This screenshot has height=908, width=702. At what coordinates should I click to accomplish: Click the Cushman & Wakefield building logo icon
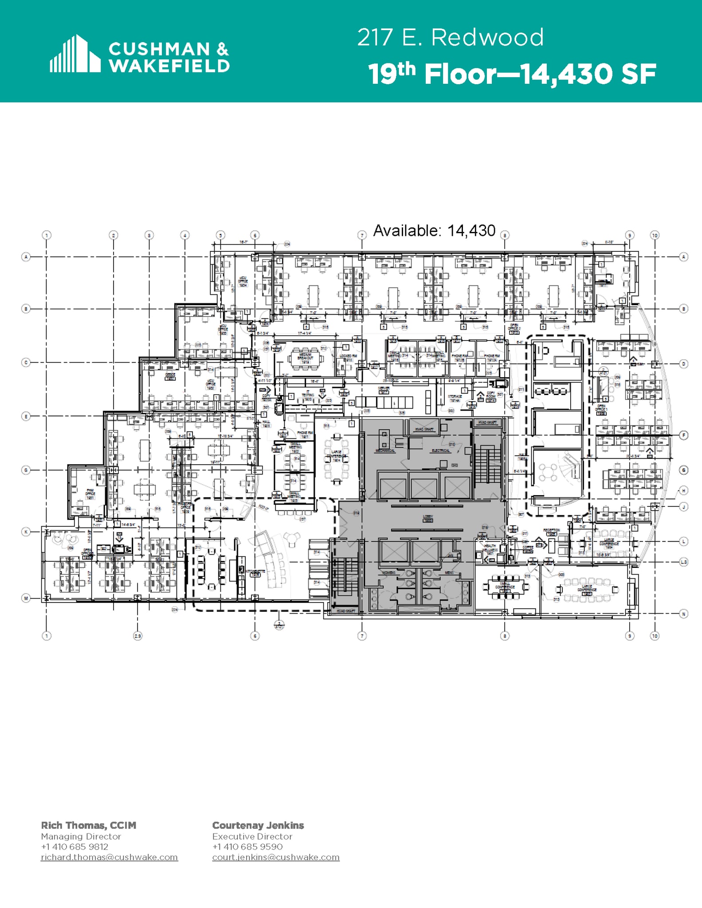pos(75,54)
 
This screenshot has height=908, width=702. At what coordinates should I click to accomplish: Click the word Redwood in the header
pos(487,37)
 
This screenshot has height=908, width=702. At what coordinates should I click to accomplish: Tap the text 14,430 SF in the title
pos(588,74)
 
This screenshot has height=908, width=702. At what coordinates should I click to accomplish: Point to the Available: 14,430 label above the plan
pos(434,231)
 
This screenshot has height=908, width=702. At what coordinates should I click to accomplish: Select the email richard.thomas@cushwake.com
pos(109,857)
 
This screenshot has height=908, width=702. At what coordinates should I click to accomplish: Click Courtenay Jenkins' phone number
pos(247,846)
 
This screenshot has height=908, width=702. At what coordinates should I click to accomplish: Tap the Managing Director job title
pos(81,836)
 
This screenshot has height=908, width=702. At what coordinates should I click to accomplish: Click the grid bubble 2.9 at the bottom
pos(137,636)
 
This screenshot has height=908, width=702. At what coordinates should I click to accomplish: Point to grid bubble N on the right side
pos(683,614)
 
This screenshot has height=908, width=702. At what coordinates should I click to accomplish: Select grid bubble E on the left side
pos(26,416)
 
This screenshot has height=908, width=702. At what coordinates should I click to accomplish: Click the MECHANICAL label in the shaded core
pos(385,450)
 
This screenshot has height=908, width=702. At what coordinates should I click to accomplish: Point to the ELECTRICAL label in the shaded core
pos(440,450)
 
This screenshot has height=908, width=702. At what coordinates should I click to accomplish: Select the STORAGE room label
pos(455,398)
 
